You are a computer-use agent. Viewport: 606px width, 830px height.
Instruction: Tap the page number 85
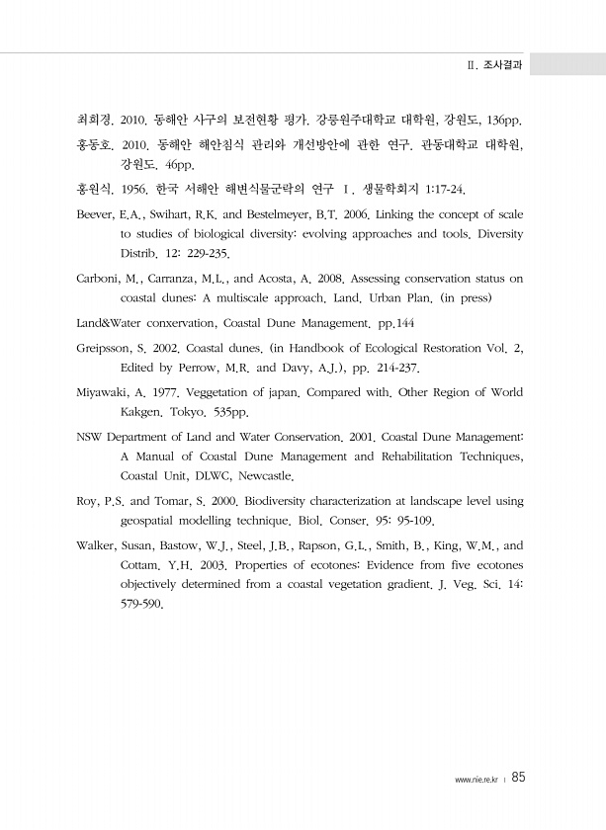pos(519,778)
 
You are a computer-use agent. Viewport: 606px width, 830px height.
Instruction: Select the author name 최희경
pos(94,121)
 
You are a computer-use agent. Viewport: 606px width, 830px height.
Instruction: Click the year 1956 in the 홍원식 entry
pos(132,188)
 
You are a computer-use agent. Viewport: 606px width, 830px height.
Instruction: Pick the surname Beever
pos(95,214)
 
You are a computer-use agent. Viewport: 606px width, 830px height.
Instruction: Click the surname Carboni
pos(98,278)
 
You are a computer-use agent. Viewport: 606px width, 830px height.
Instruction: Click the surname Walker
pos(96,545)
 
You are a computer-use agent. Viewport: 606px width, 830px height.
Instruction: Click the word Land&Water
pos(111,322)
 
